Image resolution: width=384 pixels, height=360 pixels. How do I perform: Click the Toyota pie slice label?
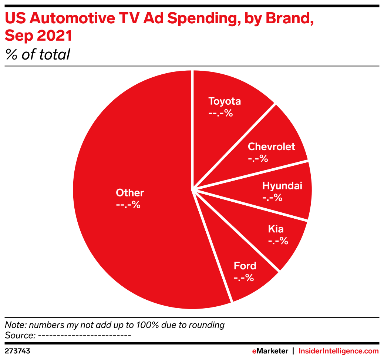[x=225, y=101]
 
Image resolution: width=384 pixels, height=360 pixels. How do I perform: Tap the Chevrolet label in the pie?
[x=271, y=147]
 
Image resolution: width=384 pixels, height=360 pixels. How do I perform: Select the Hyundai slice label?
[x=282, y=186]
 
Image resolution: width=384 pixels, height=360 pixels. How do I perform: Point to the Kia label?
[x=276, y=229]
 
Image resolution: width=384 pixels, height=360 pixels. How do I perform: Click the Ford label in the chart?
[x=245, y=266]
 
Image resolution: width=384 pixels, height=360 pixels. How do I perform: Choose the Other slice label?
[x=130, y=193]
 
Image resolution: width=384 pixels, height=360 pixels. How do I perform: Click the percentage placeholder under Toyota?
[x=220, y=113]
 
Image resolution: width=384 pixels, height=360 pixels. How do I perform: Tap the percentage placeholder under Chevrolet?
[x=257, y=159]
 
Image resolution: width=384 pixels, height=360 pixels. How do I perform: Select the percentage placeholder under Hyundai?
[x=272, y=198]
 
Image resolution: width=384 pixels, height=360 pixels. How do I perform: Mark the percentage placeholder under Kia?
[x=278, y=241]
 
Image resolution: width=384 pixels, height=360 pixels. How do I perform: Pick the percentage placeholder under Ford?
[x=244, y=277]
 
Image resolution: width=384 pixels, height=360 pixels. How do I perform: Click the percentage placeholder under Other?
[x=128, y=205]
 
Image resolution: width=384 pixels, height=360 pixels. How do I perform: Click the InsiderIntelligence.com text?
[x=338, y=351]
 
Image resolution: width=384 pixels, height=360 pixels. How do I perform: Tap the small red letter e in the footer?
[x=254, y=351]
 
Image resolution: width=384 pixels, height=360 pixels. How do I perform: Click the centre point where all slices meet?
[x=192, y=189]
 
